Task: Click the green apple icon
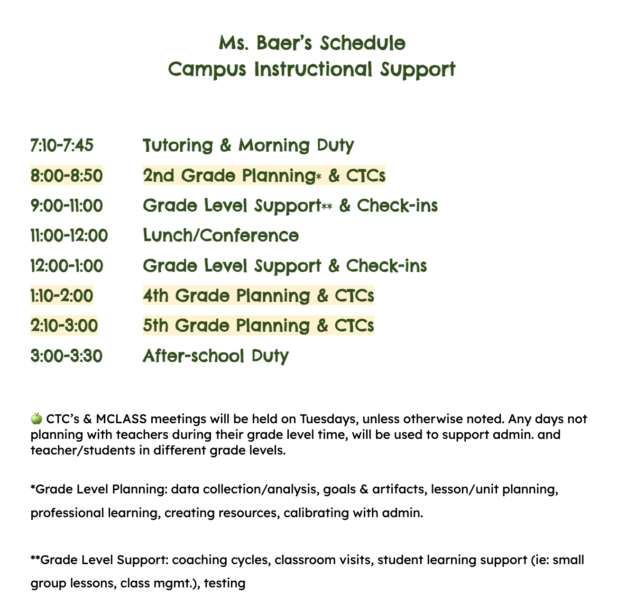[37, 418]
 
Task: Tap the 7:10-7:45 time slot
[62, 145]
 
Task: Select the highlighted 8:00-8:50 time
[66, 176]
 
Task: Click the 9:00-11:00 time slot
[66, 206]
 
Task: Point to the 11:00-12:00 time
[69, 236]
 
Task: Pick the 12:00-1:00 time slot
[66, 266]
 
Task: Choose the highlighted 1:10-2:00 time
[62, 296]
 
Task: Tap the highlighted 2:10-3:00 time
[64, 326]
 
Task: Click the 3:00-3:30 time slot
[66, 356]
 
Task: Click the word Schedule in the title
[363, 44]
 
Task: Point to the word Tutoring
[178, 146]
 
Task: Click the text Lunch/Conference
[221, 236]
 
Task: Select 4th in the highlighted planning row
[156, 296]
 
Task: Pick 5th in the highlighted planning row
[156, 326]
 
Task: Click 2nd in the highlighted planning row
[159, 176]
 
